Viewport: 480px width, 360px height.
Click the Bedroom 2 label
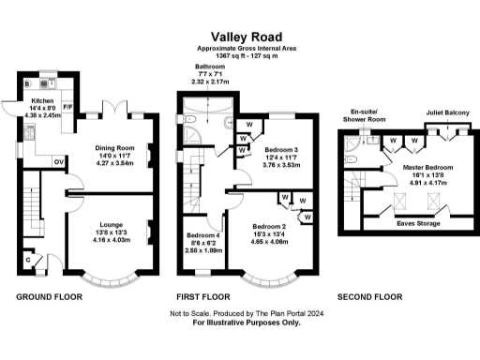(x=269, y=227)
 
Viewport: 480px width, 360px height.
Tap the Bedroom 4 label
(x=202, y=235)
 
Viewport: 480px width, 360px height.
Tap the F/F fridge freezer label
(x=67, y=134)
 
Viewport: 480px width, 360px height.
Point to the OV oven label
(x=59, y=161)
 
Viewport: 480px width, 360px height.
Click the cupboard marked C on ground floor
(x=29, y=259)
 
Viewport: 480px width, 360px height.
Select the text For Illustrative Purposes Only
(x=240, y=322)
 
